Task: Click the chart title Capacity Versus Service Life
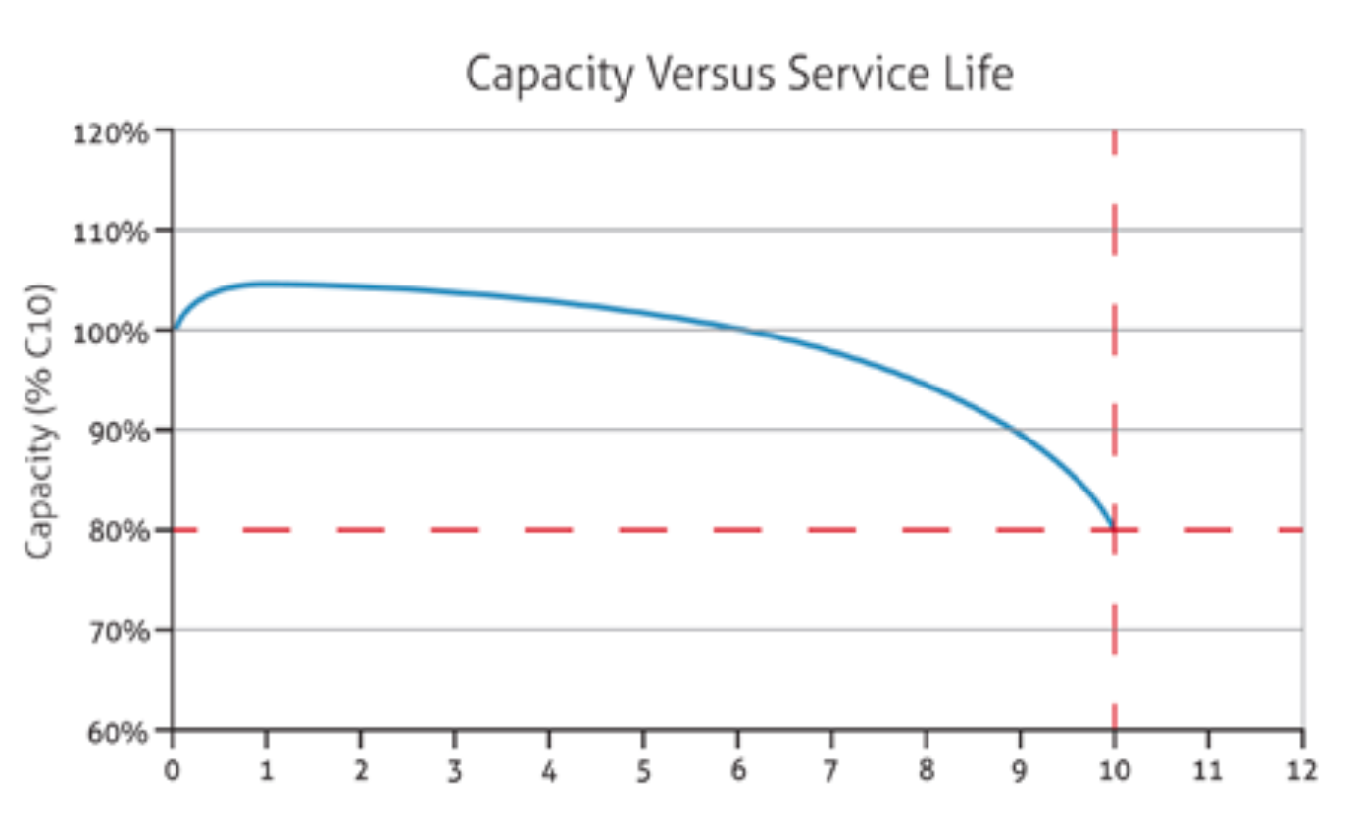(x=737, y=75)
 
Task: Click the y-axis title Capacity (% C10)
(x=40, y=423)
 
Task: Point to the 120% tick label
(x=110, y=131)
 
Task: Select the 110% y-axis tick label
(x=110, y=232)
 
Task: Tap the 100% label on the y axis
(x=110, y=332)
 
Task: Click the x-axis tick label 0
(x=173, y=770)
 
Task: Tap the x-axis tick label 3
(x=455, y=770)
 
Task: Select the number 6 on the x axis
(x=737, y=770)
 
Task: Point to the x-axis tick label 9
(x=1020, y=770)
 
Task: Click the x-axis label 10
(x=1114, y=770)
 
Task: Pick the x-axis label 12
(x=1302, y=770)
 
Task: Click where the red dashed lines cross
(x=1114, y=530)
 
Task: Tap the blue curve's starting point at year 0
(x=174, y=330)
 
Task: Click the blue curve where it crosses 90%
(x=1016, y=431)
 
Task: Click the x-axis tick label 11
(x=1208, y=770)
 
